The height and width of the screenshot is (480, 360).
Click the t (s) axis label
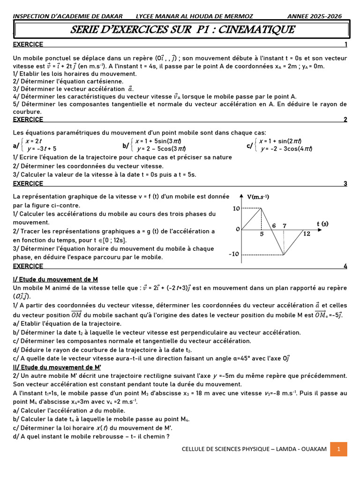click(x=322, y=224)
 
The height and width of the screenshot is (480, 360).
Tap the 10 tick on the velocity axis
click(x=236, y=208)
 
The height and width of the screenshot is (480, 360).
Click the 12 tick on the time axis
click(x=307, y=233)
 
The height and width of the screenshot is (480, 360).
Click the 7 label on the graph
click(x=285, y=225)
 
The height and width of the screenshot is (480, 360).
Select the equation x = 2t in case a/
click(x=34, y=141)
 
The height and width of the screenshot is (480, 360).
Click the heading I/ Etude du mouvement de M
click(x=55, y=279)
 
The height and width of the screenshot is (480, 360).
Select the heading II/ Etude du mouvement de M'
click(x=57, y=367)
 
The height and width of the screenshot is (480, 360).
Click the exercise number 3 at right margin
click(x=345, y=183)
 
